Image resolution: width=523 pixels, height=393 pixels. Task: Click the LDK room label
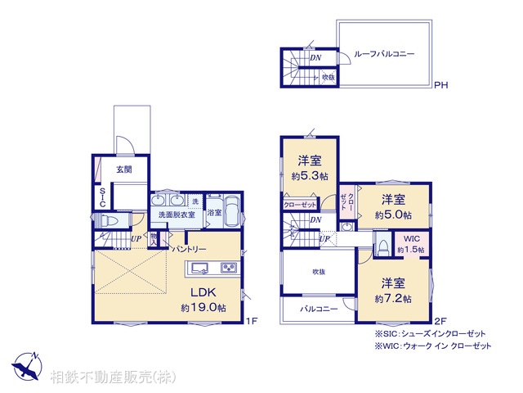click(x=203, y=292)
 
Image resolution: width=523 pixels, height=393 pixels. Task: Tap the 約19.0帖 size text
click(x=203, y=308)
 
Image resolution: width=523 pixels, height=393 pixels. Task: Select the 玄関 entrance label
click(x=123, y=169)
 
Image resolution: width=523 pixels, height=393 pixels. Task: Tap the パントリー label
click(x=189, y=249)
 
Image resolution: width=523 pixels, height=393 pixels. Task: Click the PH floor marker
click(x=440, y=84)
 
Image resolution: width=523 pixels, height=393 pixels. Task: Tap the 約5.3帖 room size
click(x=309, y=176)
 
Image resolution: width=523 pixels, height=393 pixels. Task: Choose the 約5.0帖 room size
click(x=393, y=215)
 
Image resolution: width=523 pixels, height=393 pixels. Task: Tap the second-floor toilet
click(x=382, y=246)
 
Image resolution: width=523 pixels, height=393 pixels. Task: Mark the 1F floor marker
click(x=252, y=321)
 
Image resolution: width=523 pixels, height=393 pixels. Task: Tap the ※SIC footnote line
click(x=431, y=333)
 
